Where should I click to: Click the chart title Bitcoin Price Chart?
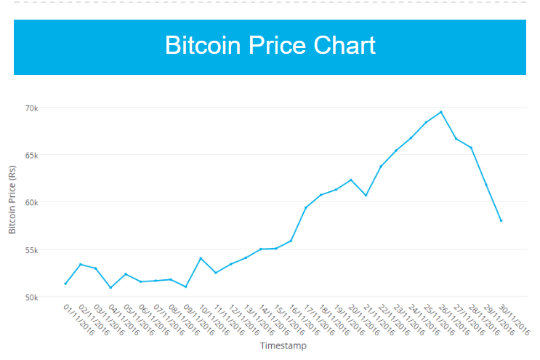pyautogui.click(x=270, y=46)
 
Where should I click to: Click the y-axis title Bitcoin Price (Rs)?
pyautogui.click(x=12, y=200)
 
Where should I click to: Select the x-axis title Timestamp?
pyautogui.click(x=283, y=346)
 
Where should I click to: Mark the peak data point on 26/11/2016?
pyautogui.click(x=441, y=112)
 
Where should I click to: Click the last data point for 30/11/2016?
pyautogui.click(x=501, y=220)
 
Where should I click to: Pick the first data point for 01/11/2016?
pyautogui.click(x=65, y=284)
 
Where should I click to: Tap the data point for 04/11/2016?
pyautogui.click(x=110, y=287)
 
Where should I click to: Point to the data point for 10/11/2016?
pyautogui.click(x=201, y=258)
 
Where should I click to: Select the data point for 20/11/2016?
pyautogui.click(x=351, y=180)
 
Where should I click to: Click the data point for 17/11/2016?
pyautogui.click(x=306, y=208)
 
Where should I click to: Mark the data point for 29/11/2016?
pyautogui.click(x=486, y=185)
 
